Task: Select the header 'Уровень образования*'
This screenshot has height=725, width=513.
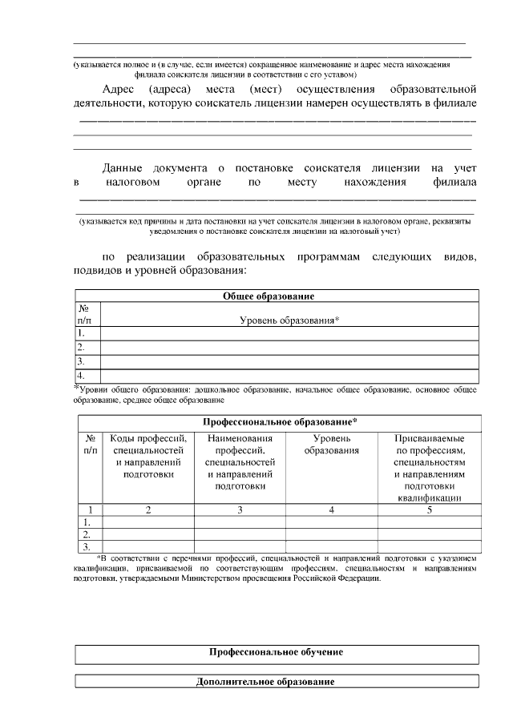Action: click(x=289, y=320)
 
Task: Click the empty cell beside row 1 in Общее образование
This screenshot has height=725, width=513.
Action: click(x=289, y=333)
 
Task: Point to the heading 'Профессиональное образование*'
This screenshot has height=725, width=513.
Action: click(x=279, y=421)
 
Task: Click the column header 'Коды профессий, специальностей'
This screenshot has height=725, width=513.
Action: click(x=148, y=456)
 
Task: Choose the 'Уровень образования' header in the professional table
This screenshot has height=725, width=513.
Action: click(x=331, y=445)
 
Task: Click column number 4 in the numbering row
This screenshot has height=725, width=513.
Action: click(x=331, y=510)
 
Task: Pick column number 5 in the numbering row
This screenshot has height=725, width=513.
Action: click(x=430, y=510)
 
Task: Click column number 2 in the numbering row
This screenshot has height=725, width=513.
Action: click(x=148, y=510)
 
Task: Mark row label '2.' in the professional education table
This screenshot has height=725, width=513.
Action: click(x=87, y=534)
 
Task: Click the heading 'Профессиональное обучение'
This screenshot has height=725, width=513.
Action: click(x=277, y=652)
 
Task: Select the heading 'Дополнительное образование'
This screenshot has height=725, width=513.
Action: click(x=277, y=682)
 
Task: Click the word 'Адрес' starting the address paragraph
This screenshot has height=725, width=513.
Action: click(x=119, y=87)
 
